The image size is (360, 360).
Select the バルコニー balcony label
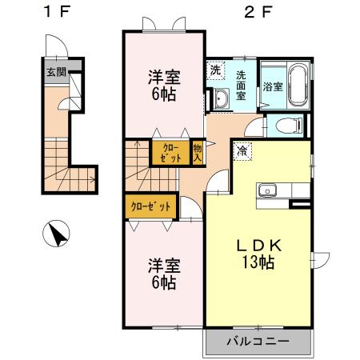pyautogui.click(x=258, y=341)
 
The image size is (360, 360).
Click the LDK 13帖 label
pyautogui.click(x=256, y=254)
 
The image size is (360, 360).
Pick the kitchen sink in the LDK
pyautogui.click(x=266, y=191)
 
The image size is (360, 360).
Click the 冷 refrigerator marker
pyautogui.click(x=242, y=149)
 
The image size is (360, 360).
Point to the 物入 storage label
pyautogui.click(x=197, y=152)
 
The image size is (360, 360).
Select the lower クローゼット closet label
pyautogui.click(x=150, y=206)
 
